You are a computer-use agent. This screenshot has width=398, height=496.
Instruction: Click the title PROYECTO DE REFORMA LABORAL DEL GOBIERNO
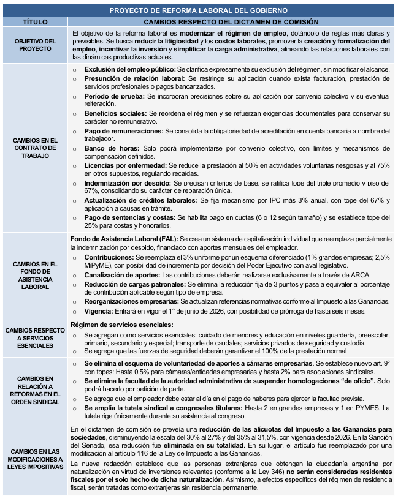click(199, 10)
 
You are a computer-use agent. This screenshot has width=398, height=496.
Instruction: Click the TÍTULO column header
click(35, 21)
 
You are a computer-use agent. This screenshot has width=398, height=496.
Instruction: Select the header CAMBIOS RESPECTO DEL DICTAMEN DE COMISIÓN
click(231, 21)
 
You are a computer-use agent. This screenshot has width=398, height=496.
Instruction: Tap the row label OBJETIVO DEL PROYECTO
click(35, 45)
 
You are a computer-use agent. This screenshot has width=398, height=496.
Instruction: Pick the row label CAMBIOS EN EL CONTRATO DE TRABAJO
click(35, 148)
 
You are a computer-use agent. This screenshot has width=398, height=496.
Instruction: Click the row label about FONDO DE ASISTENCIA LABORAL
click(35, 275)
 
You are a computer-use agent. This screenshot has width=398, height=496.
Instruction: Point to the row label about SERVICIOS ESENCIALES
click(35, 338)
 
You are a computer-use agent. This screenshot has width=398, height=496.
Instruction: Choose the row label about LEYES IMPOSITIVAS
click(35, 459)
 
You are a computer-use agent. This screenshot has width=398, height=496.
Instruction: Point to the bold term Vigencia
click(100, 310)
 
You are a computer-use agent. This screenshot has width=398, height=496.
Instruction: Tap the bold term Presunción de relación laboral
click(134, 80)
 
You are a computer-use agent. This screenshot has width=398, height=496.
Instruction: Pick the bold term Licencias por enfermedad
click(125, 165)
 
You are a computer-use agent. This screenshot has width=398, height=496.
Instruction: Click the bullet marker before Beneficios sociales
click(75, 115)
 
